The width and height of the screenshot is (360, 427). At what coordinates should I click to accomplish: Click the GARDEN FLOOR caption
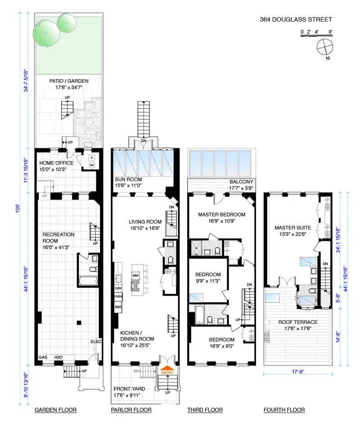pyautogui.click(x=55, y=410)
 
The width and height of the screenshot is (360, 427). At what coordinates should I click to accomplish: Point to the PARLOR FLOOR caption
pyautogui.click(x=131, y=410)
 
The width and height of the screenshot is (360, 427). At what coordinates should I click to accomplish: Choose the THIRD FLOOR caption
pyautogui.click(x=205, y=410)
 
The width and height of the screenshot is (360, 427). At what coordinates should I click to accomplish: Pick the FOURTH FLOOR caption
pyautogui.click(x=284, y=410)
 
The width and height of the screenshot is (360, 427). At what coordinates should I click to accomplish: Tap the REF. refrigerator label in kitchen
pyautogui.click(x=118, y=307)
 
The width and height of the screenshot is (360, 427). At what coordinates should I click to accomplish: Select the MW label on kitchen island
pyautogui.click(x=135, y=275)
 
